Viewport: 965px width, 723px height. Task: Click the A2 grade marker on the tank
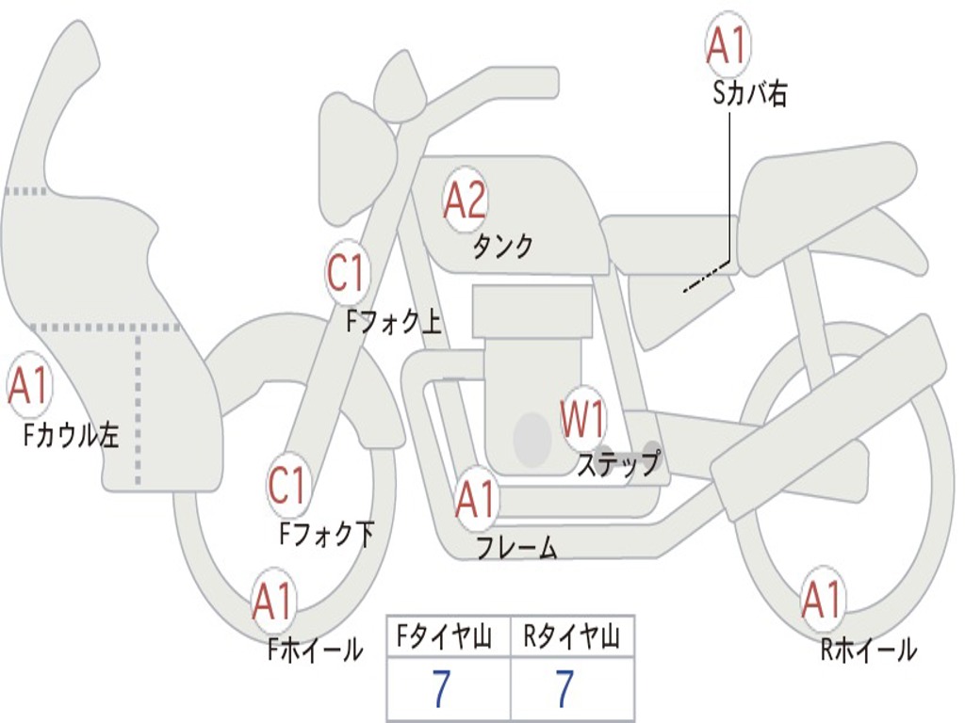pos(465,201)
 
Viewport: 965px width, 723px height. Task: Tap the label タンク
pos(502,247)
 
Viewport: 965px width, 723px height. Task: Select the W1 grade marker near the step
pos(583,419)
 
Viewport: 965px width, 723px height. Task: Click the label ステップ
pos(619,464)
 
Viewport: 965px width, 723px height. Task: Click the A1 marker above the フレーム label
pos(475,500)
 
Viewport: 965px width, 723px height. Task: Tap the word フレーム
pos(516,548)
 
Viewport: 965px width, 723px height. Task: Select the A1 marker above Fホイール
pos(273,602)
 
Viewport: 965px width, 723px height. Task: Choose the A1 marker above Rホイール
pos(821,600)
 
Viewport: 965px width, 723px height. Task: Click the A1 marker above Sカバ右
pos(728,45)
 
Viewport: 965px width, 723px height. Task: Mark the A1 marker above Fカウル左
pos(28,387)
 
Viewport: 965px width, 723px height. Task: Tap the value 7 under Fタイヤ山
pos(440,690)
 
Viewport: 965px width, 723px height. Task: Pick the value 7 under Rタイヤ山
pos(564,690)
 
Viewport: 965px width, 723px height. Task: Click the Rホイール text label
pos(868,650)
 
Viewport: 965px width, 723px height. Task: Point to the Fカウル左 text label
pos(73,435)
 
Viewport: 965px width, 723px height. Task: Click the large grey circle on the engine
pos(532,439)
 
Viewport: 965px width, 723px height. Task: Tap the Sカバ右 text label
pos(750,93)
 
